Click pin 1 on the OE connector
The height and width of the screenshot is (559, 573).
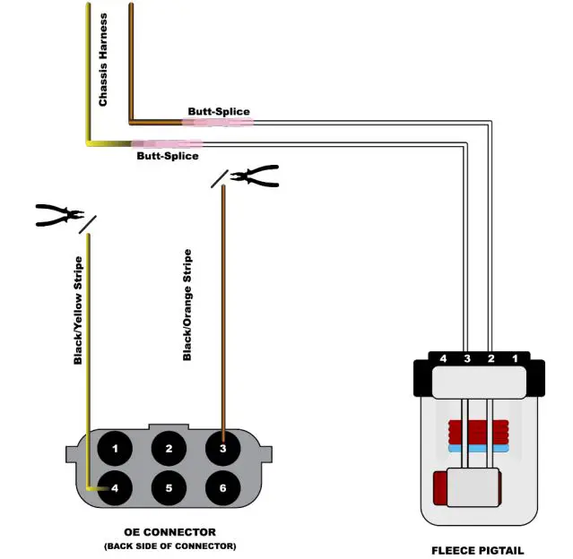(115, 447)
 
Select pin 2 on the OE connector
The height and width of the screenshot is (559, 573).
(168, 447)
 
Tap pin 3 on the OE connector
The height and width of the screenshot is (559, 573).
(221, 447)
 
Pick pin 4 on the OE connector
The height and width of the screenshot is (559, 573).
(115, 488)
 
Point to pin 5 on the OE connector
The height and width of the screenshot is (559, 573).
(168, 488)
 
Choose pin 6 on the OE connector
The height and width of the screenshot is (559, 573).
(221, 488)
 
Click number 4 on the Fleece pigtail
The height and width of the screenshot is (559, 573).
(442, 359)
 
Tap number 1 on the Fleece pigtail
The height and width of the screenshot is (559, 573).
(514, 359)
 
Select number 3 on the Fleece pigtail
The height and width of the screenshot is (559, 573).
(466, 359)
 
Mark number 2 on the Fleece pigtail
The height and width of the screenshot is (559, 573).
(491, 359)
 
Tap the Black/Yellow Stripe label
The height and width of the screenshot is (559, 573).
(78, 310)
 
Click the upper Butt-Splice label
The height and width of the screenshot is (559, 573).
(219, 112)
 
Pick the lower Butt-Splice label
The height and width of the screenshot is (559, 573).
(167, 155)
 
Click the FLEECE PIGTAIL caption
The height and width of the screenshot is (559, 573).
(477, 550)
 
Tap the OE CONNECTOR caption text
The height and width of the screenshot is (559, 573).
(170, 531)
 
